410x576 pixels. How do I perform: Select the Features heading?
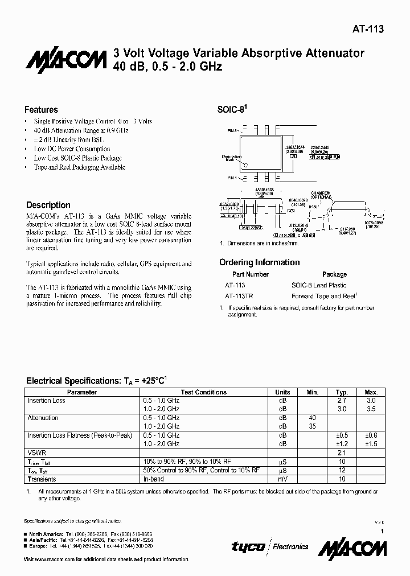coord(41,109)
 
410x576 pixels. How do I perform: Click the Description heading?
coord(48,205)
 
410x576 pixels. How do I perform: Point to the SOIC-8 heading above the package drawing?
coord(232,110)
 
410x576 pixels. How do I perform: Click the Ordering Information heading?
coord(259,262)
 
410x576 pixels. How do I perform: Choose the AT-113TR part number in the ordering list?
coord(240,296)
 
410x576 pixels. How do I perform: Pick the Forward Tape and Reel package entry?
coord(323,296)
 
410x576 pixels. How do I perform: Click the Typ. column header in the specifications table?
coord(342,392)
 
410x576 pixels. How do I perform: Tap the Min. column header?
coord(312,392)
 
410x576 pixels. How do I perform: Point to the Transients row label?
coord(42,479)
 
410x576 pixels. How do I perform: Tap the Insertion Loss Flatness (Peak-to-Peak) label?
coord(80,435)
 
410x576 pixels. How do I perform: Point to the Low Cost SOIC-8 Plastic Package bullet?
coord(77,158)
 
